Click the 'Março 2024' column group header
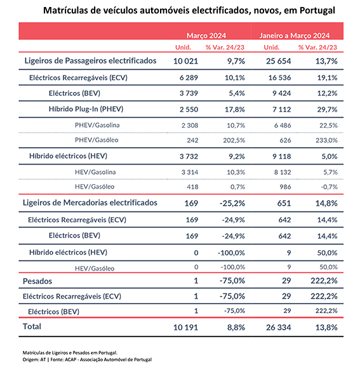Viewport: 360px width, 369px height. [x=206, y=36]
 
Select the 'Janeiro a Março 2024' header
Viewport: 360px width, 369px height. [x=295, y=36]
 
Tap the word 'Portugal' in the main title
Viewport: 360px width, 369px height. [x=317, y=11]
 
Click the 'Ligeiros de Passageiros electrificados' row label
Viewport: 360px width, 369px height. [x=90, y=61]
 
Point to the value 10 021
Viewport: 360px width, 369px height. [x=185, y=61]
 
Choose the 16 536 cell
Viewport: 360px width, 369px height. [x=279, y=77]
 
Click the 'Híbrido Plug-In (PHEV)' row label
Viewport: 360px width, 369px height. [x=86, y=109]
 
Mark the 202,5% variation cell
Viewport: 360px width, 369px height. [x=234, y=140]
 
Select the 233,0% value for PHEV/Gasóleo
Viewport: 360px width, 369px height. [x=326, y=140]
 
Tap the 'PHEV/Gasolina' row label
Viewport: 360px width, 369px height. [x=97, y=125]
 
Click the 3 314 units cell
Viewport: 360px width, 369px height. [x=190, y=172]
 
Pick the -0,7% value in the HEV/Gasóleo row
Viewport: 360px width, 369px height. [x=329, y=187]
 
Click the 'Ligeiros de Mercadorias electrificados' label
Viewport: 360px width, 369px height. [x=90, y=203]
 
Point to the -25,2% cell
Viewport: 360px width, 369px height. [x=232, y=203]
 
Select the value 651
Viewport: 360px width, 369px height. [x=284, y=203]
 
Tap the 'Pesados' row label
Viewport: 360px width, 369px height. [x=37, y=281]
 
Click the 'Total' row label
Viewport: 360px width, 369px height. [x=32, y=326]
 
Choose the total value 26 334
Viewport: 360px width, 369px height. [x=278, y=327]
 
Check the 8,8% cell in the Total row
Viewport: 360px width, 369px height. [x=236, y=327]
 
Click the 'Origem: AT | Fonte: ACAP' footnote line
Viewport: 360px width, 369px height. [x=87, y=359]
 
